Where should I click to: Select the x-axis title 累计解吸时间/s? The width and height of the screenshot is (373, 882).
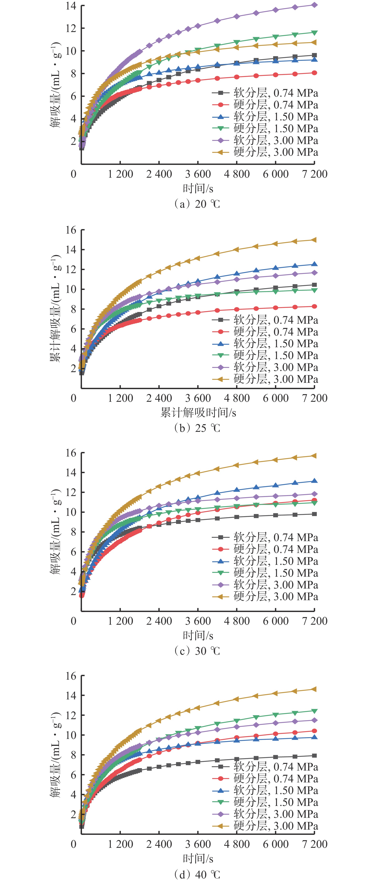pyautogui.click(x=198, y=413)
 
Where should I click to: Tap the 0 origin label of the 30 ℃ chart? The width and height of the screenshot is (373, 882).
pyautogui.click(x=73, y=621)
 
